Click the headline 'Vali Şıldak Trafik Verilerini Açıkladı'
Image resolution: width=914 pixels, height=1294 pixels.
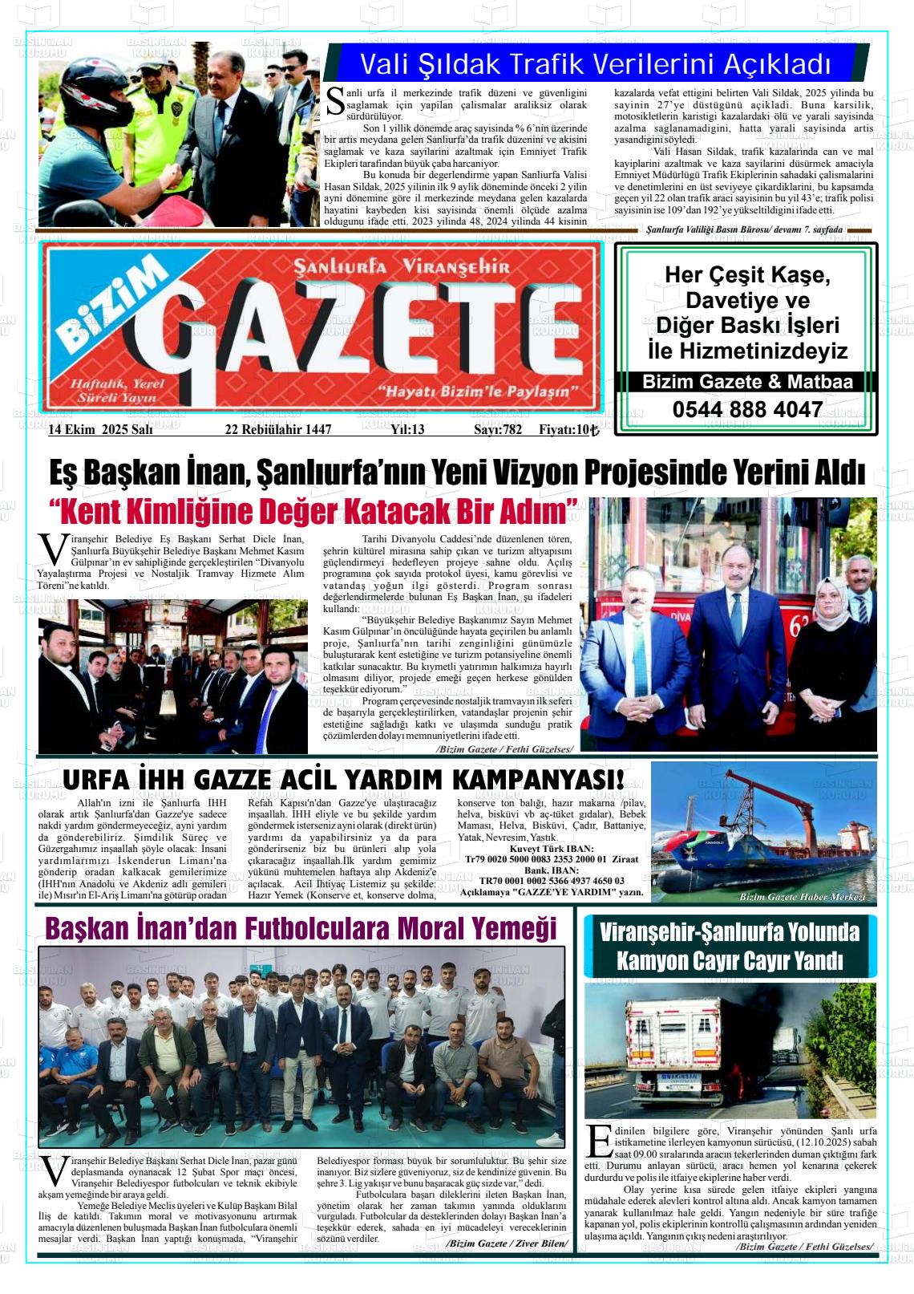[595, 63]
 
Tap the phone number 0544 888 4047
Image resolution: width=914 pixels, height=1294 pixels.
[747, 409]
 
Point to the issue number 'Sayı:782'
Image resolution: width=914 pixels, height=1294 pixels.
[498, 430]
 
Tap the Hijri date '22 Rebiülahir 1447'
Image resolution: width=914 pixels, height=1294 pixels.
[277, 430]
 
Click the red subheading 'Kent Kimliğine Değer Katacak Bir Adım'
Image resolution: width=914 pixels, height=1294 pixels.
[313, 511]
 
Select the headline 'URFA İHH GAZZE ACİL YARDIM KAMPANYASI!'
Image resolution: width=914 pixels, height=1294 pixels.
[342, 779]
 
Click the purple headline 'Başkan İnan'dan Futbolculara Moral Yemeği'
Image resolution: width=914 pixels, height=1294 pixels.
[301, 928]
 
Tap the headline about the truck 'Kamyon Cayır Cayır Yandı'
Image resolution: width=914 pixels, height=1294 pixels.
[730, 960]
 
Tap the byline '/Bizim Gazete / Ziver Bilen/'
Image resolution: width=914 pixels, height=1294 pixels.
[508, 1243]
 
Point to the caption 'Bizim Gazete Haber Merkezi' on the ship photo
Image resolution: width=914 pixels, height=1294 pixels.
[802, 897]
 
